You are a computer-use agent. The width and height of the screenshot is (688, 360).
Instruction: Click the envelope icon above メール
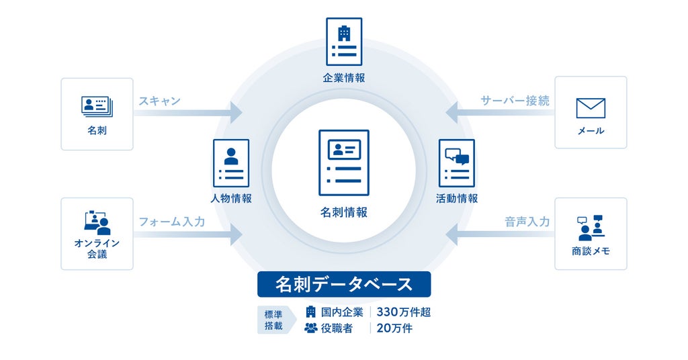point(591,108)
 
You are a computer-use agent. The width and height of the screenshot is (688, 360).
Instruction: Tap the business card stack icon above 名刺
point(97,107)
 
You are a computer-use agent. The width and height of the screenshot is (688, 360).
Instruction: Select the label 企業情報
point(344,78)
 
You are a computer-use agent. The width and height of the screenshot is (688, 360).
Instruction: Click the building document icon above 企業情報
point(344,42)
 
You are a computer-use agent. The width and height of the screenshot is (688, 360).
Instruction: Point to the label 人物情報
point(231,198)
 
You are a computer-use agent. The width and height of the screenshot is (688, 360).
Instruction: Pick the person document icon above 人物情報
point(231,163)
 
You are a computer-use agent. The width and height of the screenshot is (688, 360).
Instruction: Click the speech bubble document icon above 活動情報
point(457,163)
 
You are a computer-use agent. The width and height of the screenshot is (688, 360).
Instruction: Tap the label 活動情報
point(457,198)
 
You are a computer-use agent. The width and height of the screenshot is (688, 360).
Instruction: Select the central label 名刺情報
point(344,212)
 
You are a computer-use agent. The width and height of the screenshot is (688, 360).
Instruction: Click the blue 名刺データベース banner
point(344,284)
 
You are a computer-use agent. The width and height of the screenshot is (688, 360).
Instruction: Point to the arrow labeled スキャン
point(188,113)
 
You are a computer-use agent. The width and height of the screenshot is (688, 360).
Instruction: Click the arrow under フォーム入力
point(188,234)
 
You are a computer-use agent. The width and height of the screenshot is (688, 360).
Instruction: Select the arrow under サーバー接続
point(500,112)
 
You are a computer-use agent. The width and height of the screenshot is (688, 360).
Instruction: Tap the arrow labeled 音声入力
point(500,234)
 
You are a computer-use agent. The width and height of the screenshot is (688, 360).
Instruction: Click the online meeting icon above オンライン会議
point(97,223)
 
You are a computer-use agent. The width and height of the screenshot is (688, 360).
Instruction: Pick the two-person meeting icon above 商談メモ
point(591,228)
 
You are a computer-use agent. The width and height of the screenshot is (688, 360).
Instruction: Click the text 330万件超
point(403,312)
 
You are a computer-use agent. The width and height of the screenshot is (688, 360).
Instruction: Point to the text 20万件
point(394,328)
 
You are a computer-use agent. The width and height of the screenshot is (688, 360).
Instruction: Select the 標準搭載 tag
point(274,320)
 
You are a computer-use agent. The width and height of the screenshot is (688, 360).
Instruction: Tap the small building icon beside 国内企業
point(310,312)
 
